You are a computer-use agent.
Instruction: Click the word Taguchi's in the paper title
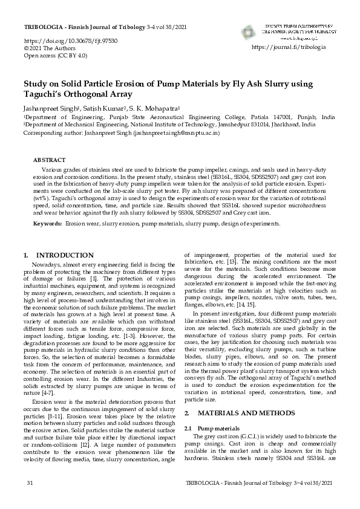click(x=44, y=94)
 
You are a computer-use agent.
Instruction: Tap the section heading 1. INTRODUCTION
click(x=57, y=256)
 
